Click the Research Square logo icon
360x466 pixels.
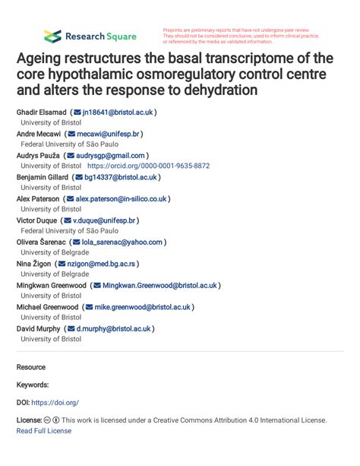52,36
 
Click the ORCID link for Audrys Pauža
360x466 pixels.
148,166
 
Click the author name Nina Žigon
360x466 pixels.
34,264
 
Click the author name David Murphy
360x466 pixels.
39,329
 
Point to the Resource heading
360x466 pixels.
31,366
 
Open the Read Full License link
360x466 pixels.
43,430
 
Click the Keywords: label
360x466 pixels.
33,385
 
